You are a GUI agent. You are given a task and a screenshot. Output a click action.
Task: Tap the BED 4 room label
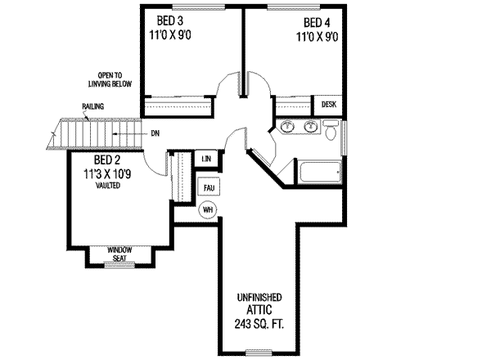pyautogui.click(x=318, y=22)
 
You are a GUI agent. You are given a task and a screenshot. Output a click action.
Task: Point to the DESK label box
pyautogui.click(x=329, y=105)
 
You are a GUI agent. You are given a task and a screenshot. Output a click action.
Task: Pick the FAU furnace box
pyautogui.click(x=209, y=187)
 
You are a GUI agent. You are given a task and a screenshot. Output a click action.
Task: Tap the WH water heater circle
pyautogui.click(x=209, y=209)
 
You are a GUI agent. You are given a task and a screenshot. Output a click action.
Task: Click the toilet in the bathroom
pyautogui.click(x=331, y=131)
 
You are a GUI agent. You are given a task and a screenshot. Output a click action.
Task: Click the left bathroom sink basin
pyautogui.click(x=287, y=127)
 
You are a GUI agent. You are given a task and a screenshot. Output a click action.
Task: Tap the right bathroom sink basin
pyautogui.click(x=310, y=127)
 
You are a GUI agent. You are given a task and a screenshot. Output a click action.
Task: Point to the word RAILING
pyautogui.click(x=92, y=107)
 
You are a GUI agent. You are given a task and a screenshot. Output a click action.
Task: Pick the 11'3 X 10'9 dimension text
pyautogui.click(x=109, y=173)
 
